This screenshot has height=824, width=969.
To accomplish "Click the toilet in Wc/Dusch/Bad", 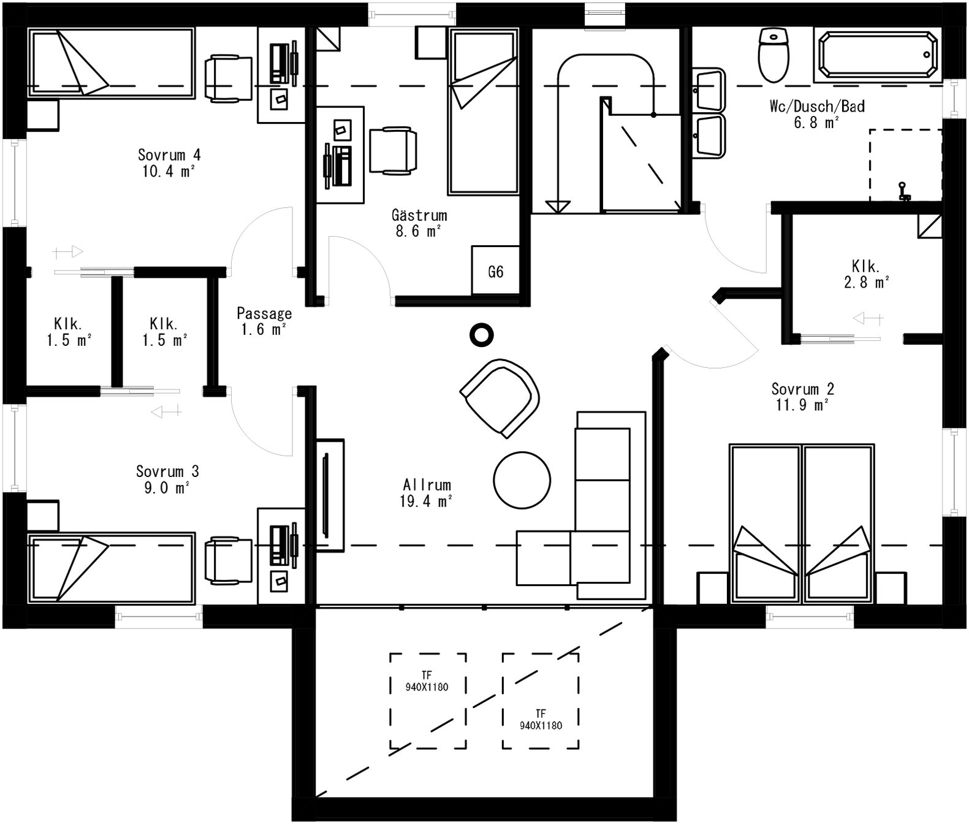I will click(773, 55).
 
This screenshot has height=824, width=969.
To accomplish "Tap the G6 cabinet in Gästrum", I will click(495, 271).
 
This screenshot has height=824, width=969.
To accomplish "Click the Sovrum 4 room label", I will click(169, 163).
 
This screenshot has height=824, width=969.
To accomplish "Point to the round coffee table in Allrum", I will click(522, 480).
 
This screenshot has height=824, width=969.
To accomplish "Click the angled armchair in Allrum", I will click(500, 398).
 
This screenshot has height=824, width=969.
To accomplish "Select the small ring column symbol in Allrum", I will click(481, 335).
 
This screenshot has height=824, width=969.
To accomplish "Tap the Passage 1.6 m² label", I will click(264, 321).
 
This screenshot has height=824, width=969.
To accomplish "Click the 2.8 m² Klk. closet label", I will click(866, 274).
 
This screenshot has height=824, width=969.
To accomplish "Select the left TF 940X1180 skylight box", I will click(427, 701).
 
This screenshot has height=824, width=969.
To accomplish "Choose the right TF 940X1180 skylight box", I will click(540, 701).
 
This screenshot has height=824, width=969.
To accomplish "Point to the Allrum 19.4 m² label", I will click(427, 493).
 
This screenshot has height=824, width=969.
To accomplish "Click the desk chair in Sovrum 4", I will click(229, 78).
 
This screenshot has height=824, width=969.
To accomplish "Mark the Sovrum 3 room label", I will click(167, 479).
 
